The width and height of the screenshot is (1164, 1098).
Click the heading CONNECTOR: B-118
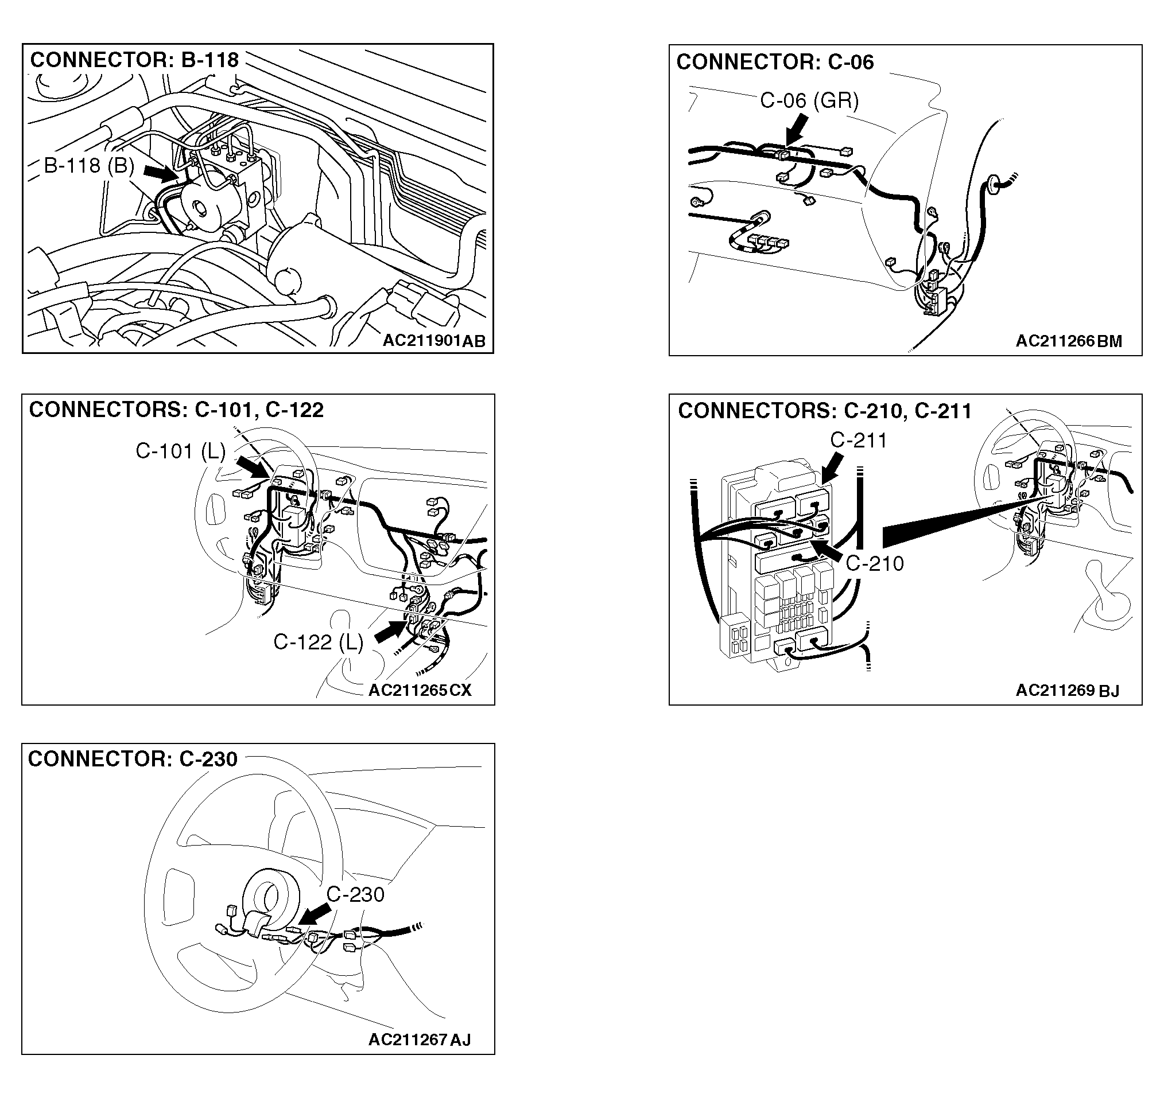coord(135,60)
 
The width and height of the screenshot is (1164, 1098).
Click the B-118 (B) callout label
coord(89,166)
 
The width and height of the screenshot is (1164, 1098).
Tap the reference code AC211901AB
coord(434,341)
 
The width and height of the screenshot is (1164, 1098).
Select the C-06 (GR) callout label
coord(809,100)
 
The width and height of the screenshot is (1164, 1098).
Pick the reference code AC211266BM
coord(1069,341)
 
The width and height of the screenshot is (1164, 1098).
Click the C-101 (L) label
coord(180,451)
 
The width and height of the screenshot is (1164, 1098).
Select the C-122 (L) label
coord(319,642)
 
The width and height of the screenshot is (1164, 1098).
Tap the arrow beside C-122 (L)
coord(390,632)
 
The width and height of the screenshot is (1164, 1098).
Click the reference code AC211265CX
coord(420,690)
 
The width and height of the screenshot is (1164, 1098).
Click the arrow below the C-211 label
coord(832,469)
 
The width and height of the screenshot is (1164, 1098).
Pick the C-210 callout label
coord(875,563)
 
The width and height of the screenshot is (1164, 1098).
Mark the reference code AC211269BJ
coord(1068,691)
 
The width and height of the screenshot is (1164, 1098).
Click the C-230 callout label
coord(355,894)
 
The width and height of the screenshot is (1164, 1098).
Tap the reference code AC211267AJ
coord(419,1039)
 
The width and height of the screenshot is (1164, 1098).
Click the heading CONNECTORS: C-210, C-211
coord(825,411)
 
